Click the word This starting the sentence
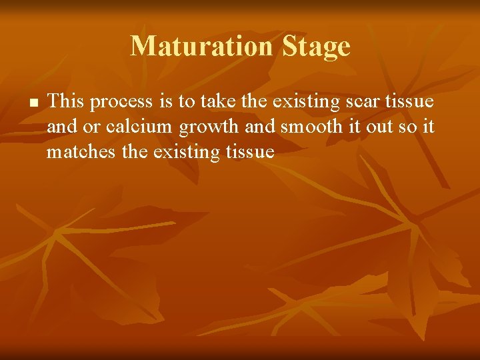click(65, 102)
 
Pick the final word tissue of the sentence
click(249, 152)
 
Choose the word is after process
click(166, 102)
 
